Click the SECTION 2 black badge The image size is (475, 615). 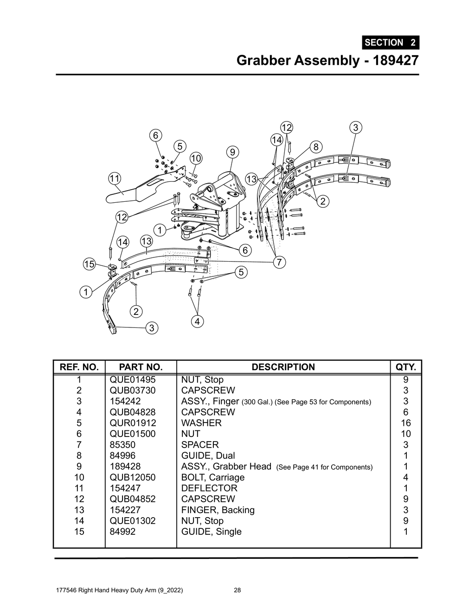coord(390,42)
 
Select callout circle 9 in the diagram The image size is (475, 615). coord(232,152)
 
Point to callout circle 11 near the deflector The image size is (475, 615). coord(115,178)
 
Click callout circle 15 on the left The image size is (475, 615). coord(89,264)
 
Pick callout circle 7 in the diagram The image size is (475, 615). coord(278,263)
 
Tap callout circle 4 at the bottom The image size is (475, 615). coord(197,321)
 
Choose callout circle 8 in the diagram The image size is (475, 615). coord(315,147)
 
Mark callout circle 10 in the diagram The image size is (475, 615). coord(196,158)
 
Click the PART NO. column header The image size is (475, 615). coord(141,367)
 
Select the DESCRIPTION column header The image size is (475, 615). coord(283,367)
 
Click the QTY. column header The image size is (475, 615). coord(405,367)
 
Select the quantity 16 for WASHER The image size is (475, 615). coord(405,423)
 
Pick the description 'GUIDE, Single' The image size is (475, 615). coord(211,532)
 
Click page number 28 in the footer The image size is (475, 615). coord(237,590)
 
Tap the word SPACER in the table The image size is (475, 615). coord(199,445)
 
